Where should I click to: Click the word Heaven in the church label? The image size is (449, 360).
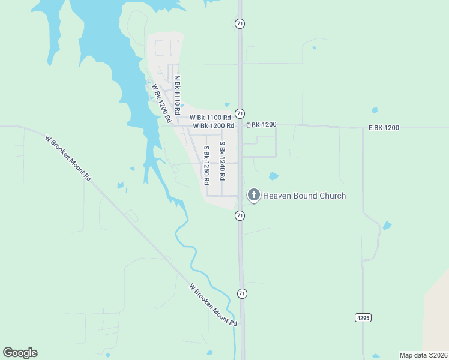277,196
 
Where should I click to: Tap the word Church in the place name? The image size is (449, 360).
331,196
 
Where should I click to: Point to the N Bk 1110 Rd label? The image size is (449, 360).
178,95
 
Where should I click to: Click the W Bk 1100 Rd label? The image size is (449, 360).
210,118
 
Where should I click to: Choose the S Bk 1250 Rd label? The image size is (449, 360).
206,164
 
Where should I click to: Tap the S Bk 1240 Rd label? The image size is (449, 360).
222,161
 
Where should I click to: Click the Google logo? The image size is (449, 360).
20,353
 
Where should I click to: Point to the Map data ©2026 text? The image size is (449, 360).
423,355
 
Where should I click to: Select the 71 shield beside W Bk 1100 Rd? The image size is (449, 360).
240,113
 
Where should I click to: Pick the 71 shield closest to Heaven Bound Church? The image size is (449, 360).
240,215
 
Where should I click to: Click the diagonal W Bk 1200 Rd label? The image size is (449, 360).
162,103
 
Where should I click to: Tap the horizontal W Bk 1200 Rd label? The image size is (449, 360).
213,126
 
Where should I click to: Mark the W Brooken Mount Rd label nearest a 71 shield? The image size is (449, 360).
213,305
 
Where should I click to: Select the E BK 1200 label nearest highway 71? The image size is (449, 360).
261,125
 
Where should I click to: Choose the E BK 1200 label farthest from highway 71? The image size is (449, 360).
384,128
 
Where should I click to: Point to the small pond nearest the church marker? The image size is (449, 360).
274,176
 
